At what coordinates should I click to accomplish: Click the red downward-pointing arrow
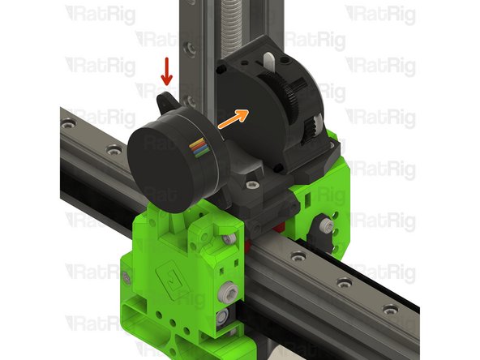tap(166, 71)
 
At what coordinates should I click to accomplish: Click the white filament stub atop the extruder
tap(268, 61)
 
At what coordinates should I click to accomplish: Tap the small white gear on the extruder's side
tap(310, 127)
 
